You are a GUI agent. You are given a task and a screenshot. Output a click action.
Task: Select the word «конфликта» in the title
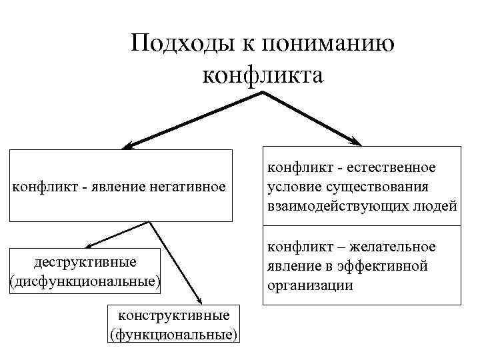point(263,75)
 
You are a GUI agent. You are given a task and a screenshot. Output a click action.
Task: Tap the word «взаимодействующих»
point(339,206)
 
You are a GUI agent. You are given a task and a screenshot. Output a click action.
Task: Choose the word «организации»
point(308,285)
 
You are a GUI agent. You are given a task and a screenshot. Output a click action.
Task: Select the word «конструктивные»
point(173,314)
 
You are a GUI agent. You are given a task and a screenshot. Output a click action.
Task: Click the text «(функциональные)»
point(173,333)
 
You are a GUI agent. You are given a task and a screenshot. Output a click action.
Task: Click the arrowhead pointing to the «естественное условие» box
point(356,141)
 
